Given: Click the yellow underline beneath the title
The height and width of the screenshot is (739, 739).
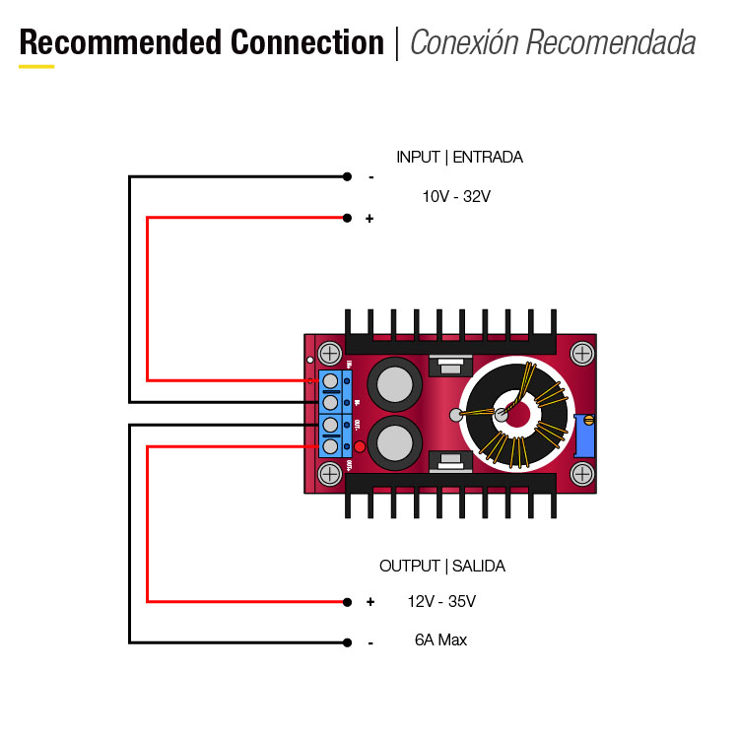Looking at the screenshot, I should point(36,67).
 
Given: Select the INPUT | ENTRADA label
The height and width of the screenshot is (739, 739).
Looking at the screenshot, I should point(459,157).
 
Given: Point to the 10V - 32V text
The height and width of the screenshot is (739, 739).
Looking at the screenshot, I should point(456,196).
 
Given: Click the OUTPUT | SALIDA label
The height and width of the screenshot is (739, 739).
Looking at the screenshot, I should point(442,566).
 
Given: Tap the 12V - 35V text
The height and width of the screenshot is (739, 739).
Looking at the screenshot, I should point(441,601).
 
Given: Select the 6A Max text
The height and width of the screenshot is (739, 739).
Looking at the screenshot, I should point(440,640).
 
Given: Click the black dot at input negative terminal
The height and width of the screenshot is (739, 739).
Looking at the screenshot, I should point(347,177).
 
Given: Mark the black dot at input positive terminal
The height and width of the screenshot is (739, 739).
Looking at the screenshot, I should point(347,218).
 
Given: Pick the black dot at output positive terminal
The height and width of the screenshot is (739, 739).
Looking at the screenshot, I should point(347,601).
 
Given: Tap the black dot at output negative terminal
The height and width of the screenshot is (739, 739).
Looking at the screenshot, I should point(347,641).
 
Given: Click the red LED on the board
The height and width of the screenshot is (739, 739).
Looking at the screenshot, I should point(360,447).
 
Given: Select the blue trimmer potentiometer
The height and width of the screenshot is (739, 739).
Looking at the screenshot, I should point(585,435).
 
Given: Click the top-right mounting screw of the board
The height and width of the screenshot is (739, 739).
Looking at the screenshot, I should point(583,352).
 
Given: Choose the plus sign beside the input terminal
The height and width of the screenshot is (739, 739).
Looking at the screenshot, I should point(369,219).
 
